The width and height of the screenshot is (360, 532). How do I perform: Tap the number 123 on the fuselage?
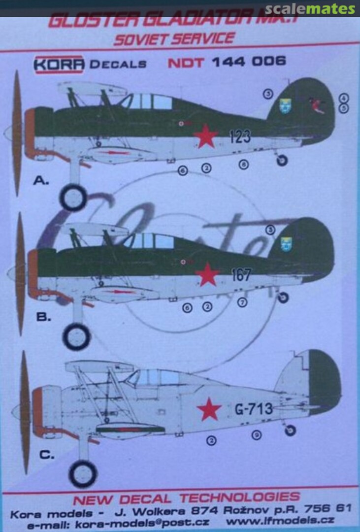click(240, 136)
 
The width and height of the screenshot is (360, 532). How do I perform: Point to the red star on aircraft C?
click(209, 409)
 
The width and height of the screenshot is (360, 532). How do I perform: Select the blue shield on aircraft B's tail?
click(285, 243)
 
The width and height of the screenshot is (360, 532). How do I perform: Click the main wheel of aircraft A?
click(73, 197)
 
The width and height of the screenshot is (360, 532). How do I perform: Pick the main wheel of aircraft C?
click(82, 474)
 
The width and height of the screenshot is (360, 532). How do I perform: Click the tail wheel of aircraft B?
click(283, 297)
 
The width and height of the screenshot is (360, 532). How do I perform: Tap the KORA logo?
click(59, 63)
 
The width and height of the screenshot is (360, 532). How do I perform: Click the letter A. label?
click(41, 181)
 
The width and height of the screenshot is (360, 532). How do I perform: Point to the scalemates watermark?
click(310, 9)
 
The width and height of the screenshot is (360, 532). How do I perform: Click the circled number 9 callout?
click(256, 435)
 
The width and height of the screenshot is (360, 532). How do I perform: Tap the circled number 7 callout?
click(242, 302)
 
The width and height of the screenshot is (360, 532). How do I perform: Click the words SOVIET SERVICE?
click(174, 38)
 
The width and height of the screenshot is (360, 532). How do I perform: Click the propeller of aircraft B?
click(20, 273)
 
